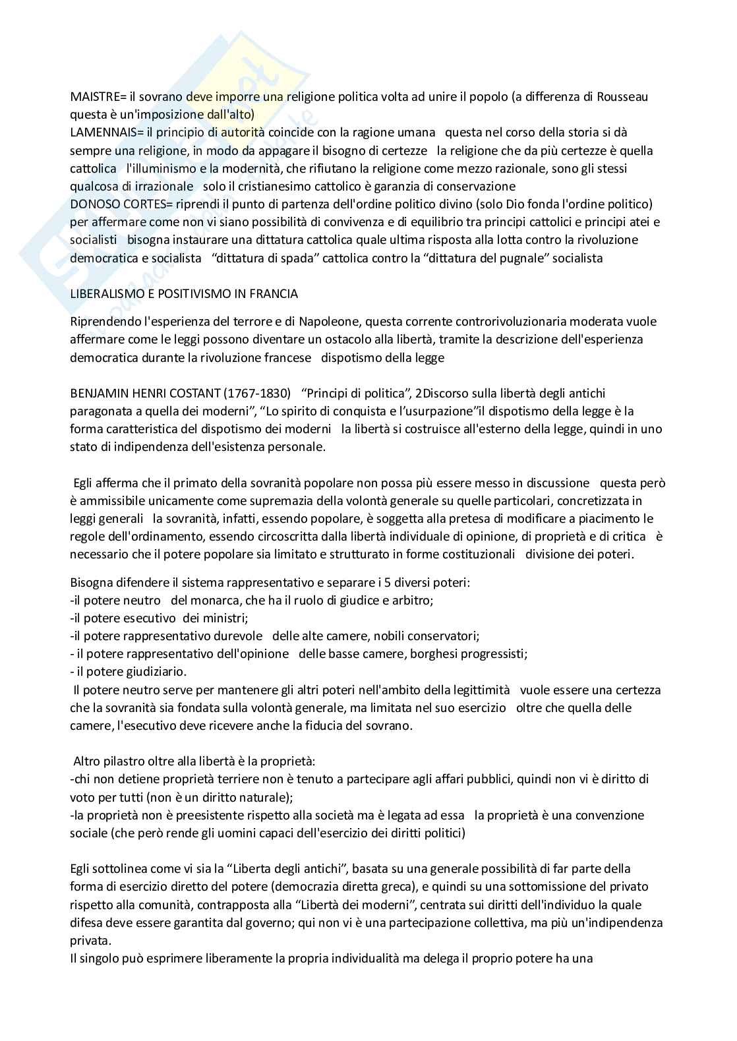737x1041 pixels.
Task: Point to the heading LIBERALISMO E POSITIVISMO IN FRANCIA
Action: tap(184, 293)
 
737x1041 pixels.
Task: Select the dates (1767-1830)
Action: tap(258, 394)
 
